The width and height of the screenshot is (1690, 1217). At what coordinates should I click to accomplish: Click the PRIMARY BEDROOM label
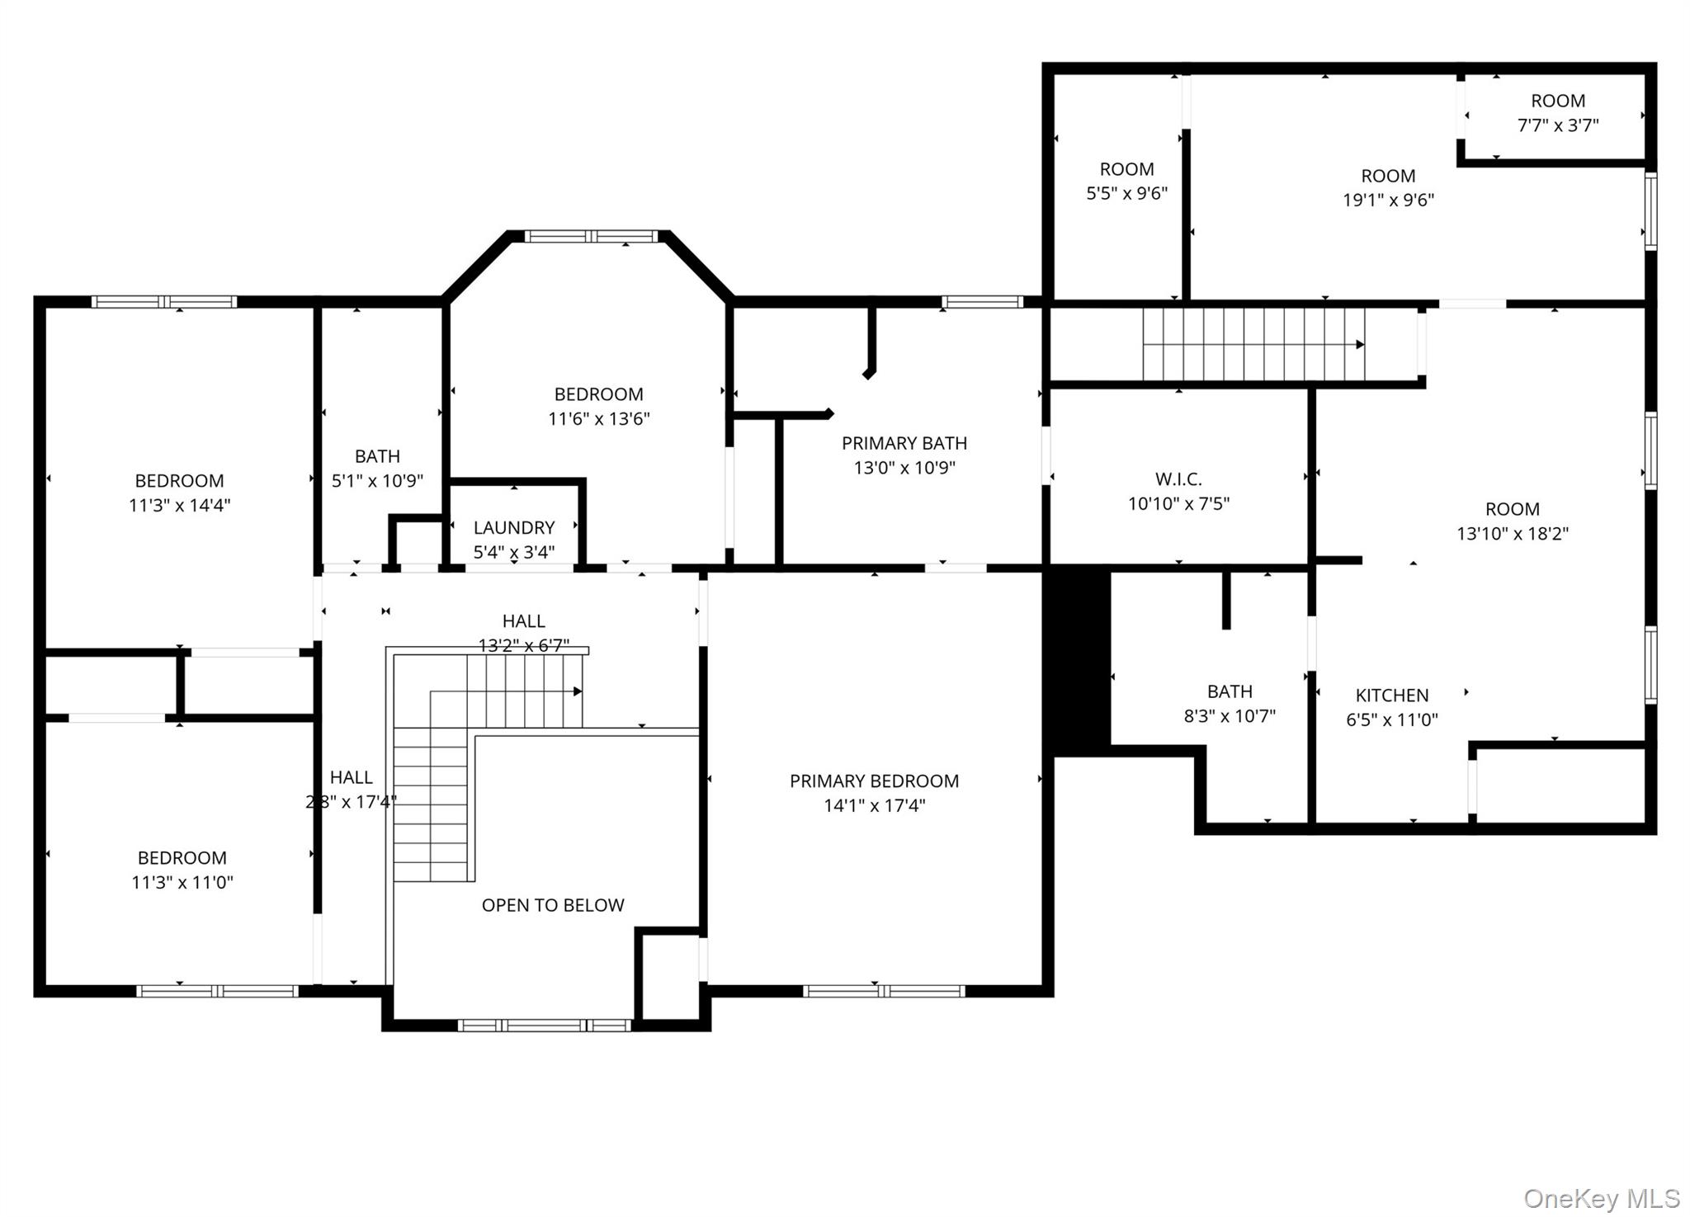[874, 781]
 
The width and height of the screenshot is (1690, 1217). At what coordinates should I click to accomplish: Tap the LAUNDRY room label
[513, 527]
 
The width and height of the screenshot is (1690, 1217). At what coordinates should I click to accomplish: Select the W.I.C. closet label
[1178, 479]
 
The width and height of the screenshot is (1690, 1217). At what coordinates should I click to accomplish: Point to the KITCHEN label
[1391, 695]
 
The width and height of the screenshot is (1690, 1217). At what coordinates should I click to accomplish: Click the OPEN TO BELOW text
[552, 905]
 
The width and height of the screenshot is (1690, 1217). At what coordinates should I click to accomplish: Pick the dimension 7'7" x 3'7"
[1557, 125]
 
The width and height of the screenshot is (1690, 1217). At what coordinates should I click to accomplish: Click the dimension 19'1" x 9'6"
[1388, 200]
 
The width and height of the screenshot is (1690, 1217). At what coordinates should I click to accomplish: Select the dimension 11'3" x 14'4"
[179, 505]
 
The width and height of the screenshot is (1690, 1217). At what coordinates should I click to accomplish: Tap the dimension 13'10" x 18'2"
[1512, 534]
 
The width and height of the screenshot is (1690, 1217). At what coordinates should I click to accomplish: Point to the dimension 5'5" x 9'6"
[1126, 193]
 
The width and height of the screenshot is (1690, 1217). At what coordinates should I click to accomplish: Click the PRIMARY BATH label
[904, 443]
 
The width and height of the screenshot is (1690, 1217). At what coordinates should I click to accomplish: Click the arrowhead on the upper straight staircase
[1360, 345]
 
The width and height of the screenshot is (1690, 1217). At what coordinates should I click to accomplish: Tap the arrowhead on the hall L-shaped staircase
[578, 691]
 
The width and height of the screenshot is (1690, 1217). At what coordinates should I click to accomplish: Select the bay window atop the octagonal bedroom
[592, 237]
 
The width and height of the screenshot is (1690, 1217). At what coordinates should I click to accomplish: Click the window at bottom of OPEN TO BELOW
[545, 1026]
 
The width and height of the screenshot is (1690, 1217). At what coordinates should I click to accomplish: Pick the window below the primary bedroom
[883, 991]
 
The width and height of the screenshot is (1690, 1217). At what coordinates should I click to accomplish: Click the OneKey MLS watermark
[1601, 1198]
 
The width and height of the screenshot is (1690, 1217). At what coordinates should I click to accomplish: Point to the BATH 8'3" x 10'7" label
[1230, 691]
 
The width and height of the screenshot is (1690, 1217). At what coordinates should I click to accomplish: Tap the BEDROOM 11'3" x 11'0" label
[182, 858]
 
